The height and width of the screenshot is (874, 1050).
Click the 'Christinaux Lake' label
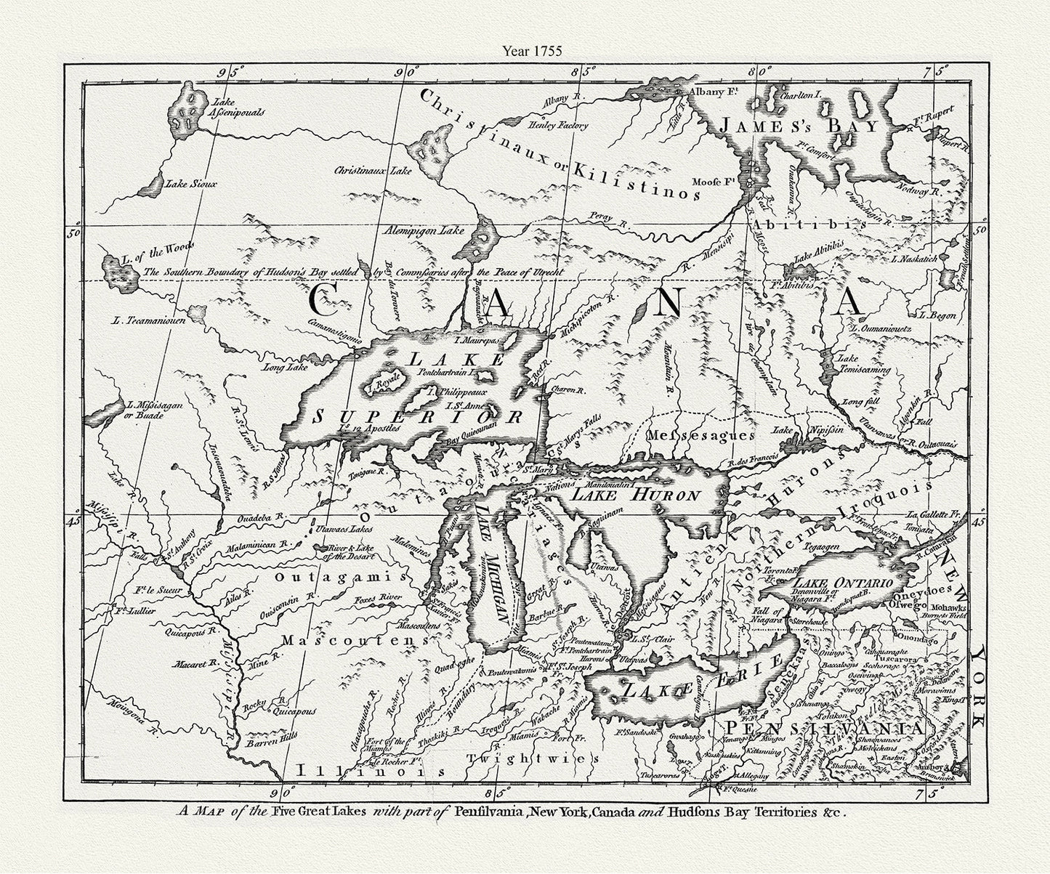pyautogui.click(x=373, y=171)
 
